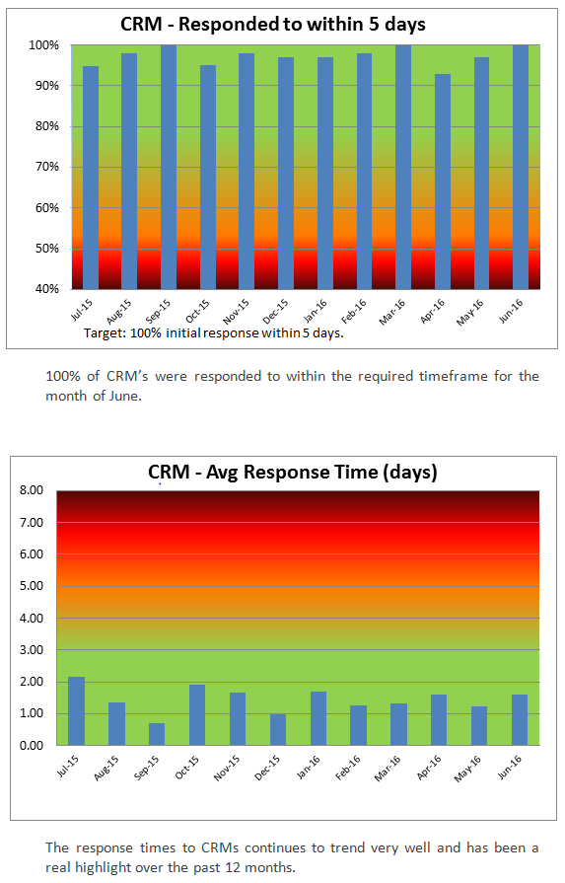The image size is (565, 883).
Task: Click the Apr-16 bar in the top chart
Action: pyautogui.click(x=443, y=182)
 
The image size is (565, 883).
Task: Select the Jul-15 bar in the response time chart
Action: pyautogui.click(x=76, y=710)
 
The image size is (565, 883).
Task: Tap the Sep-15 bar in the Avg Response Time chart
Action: pyautogui.click(x=157, y=734)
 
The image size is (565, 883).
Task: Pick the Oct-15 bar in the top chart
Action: pyautogui.click(x=208, y=178)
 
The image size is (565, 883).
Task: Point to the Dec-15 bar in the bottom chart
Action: pyautogui.click(x=278, y=729)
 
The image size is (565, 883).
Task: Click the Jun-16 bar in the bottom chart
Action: pyautogui.click(x=520, y=719)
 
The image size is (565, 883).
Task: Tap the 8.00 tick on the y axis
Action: pyautogui.click(x=33, y=490)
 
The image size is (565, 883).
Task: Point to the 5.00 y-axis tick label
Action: pyautogui.click(x=33, y=586)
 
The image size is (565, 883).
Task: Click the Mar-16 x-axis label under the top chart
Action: pyautogui.click(x=392, y=312)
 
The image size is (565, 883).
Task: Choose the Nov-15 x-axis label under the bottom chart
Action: pyautogui.click(x=227, y=768)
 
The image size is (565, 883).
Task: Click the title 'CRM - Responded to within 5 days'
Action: pyautogui.click(x=273, y=25)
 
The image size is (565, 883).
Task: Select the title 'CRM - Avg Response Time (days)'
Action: pyautogui.click(x=293, y=472)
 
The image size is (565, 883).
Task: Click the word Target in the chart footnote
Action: pyautogui.click(x=105, y=333)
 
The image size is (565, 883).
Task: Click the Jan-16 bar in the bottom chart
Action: pyautogui.click(x=318, y=718)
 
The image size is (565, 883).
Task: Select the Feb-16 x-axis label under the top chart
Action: pyautogui.click(x=353, y=312)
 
